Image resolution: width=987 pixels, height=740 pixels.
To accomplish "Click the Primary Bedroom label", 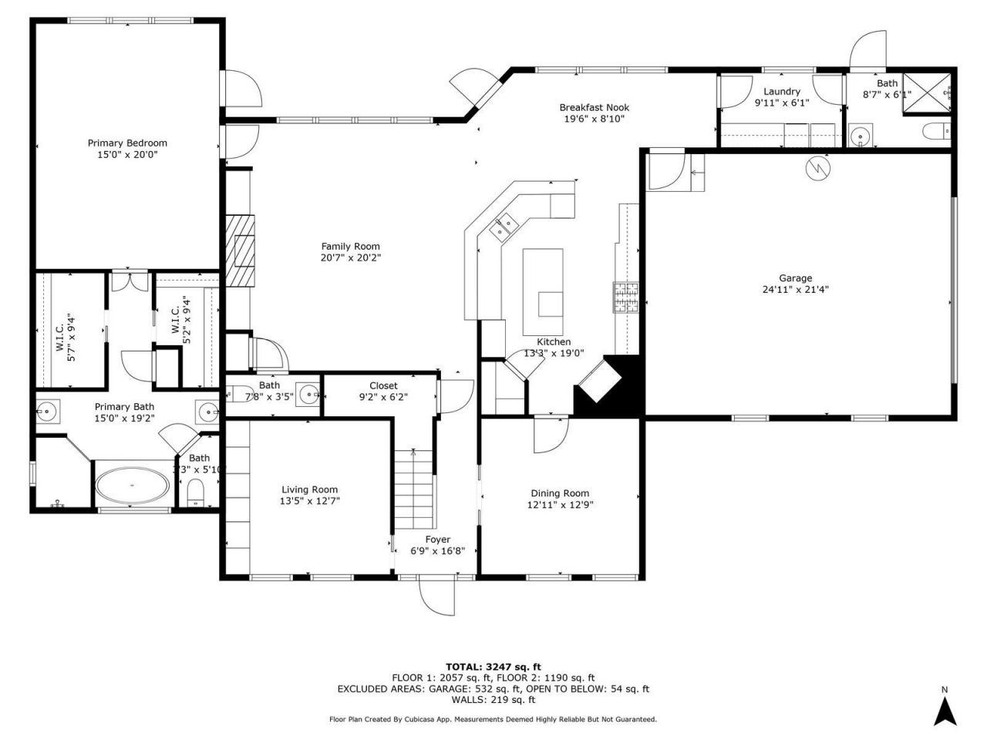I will click(x=127, y=143).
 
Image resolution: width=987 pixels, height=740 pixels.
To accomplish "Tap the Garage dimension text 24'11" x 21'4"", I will click(x=795, y=290).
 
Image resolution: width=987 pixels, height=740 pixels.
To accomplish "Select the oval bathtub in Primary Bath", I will click(x=132, y=486).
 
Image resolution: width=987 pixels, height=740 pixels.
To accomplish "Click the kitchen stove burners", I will click(x=626, y=297).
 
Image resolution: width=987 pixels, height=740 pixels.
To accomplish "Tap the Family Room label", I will click(x=351, y=247).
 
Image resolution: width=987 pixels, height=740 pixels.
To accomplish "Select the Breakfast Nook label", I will click(x=594, y=108).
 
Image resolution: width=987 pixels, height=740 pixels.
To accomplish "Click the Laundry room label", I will click(x=782, y=92).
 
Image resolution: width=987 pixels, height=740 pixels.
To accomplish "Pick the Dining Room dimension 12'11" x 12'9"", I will click(x=560, y=505).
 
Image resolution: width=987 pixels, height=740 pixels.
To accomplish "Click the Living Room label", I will click(x=309, y=489).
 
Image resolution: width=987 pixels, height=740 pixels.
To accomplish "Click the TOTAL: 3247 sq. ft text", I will click(x=493, y=667).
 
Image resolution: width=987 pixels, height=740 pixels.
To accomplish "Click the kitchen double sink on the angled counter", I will click(x=506, y=226).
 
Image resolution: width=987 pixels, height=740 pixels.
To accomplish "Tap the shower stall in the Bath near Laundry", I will click(x=928, y=92).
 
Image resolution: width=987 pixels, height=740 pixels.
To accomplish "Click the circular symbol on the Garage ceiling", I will click(x=817, y=169).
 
